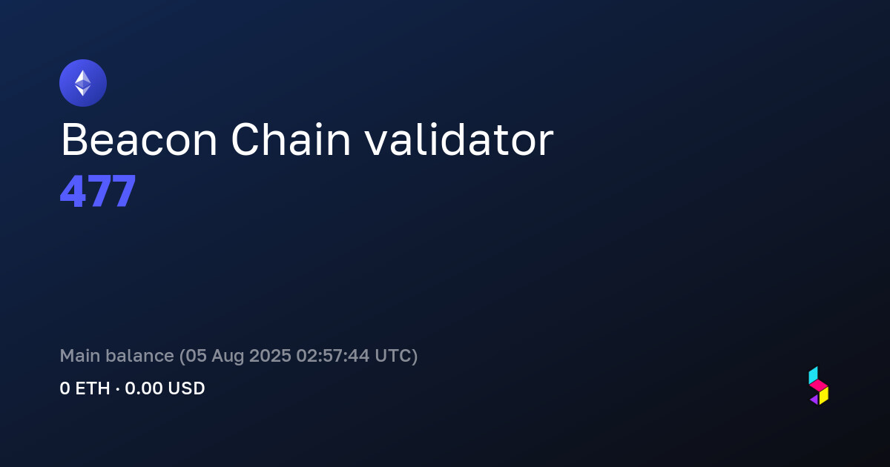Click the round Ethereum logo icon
tap(83, 83)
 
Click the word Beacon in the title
tap(139, 140)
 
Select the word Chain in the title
tap(291, 139)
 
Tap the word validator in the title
tap(459, 139)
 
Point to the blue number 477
tap(98, 191)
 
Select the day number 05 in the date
tap(196, 355)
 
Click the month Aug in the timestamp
tap(228, 357)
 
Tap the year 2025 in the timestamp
tap(270, 355)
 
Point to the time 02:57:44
tap(333, 355)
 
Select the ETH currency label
tap(93, 388)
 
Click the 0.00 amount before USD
tap(144, 388)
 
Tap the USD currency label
tap(186, 388)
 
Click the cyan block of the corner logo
tap(813, 375)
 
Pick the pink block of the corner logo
tap(819, 385)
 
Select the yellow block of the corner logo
tap(824, 396)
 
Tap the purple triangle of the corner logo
tap(815, 400)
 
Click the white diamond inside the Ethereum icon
tap(83, 83)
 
